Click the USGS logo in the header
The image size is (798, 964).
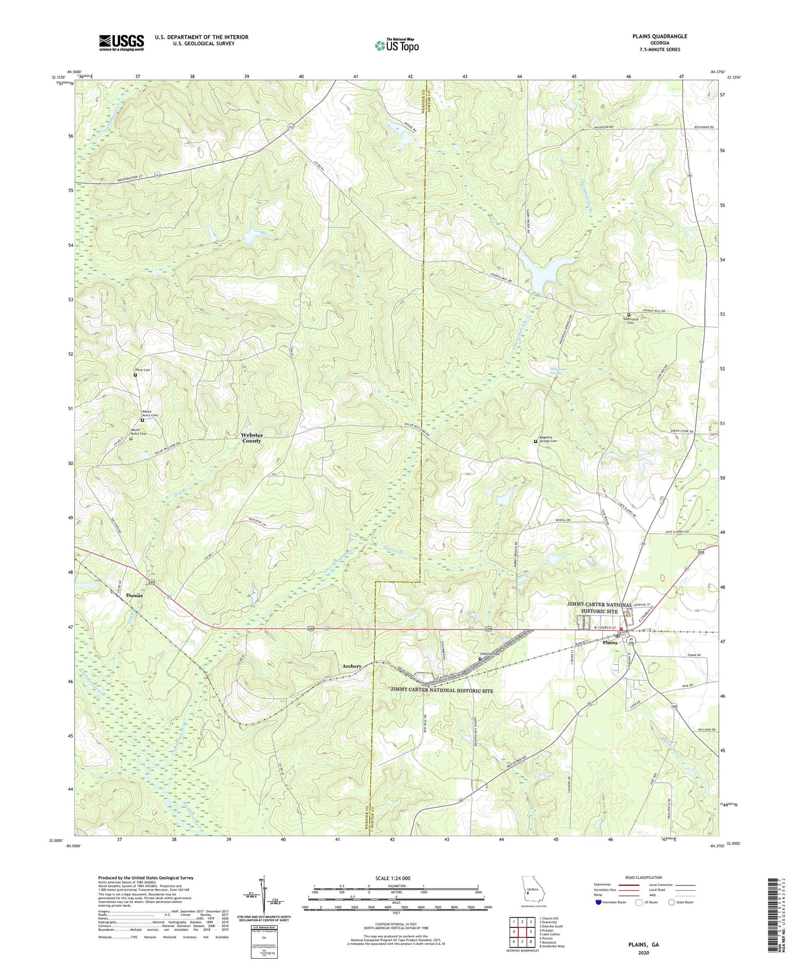click(121, 43)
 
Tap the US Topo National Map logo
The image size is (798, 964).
click(396, 45)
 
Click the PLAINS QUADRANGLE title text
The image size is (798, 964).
click(652, 36)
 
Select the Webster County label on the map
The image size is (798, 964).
click(252, 438)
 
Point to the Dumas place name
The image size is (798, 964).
click(135, 596)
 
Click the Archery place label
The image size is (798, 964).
click(352, 666)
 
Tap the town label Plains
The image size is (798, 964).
click(610, 642)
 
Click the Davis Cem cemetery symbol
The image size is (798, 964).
click(135, 375)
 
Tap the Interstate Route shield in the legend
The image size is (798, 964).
click(598, 902)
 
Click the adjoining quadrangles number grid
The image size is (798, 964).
click(521, 929)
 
